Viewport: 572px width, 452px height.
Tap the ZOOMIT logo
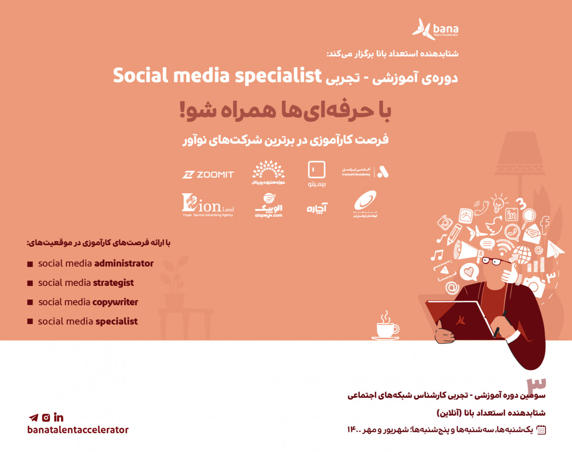click(208, 175)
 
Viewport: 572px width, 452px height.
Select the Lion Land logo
click(208, 206)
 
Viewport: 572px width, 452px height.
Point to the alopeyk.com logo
click(268, 206)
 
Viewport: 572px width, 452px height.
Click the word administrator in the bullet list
click(124, 263)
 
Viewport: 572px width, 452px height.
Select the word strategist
click(113, 283)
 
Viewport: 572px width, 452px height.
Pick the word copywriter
click(115, 302)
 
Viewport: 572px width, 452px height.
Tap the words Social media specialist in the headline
click(216, 76)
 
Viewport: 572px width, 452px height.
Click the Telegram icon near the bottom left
click(33, 418)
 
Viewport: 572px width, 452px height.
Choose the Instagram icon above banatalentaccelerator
click(46, 418)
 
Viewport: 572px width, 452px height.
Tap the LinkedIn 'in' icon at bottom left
click(59, 418)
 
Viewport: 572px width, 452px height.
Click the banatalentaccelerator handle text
click(78, 430)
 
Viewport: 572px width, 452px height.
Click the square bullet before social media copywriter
click(30, 302)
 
